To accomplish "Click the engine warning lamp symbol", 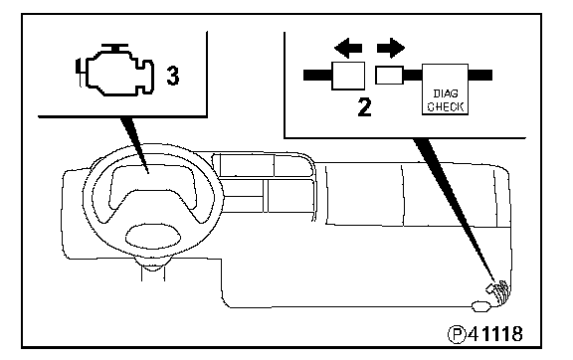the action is click(115, 71).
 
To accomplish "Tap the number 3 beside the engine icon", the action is click(173, 76).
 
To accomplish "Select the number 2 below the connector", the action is click(364, 107).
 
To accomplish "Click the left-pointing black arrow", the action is click(348, 48).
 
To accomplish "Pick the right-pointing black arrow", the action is click(391, 48).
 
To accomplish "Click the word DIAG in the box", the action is click(446, 93).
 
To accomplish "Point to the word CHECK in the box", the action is click(446, 106).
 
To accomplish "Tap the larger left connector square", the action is click(348, 76).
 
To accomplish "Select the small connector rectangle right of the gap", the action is click(390, 76).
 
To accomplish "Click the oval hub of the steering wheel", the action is click(153, 237).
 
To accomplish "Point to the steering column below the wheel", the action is click(153, 272).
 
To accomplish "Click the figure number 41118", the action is click(495, 334).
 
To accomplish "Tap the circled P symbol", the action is click(457, 334).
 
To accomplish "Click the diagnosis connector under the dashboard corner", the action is click(497, 291).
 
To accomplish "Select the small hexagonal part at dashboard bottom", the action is click(480, 306).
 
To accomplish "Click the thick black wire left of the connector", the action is click(317, 76).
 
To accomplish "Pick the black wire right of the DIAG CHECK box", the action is click(480, 76).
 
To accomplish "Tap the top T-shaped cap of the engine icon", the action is click(114, 49).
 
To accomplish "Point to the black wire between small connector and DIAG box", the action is click(413, 76).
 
